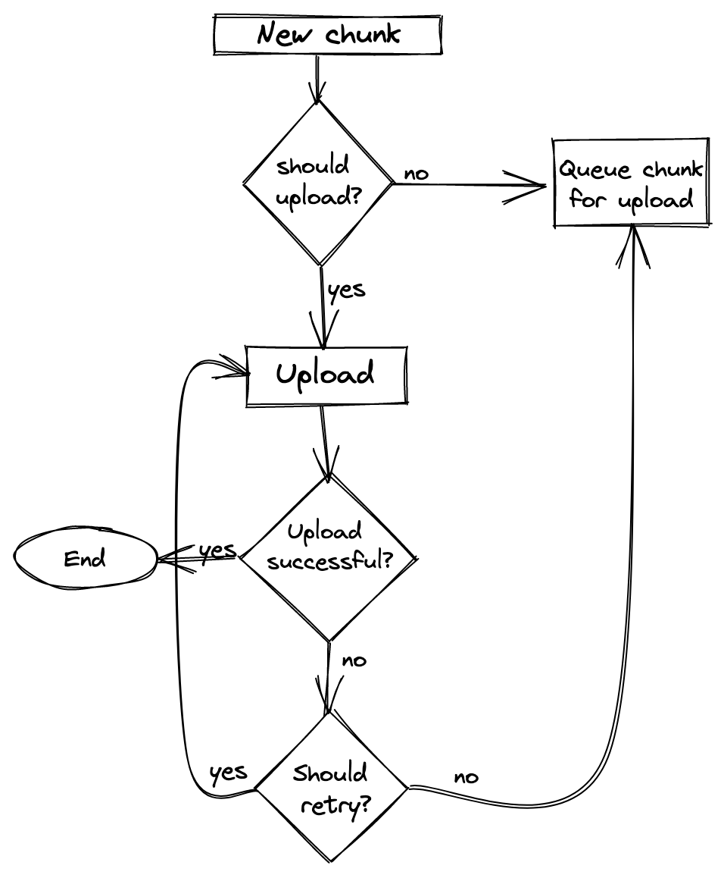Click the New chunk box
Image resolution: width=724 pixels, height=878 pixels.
(x=326, y=35)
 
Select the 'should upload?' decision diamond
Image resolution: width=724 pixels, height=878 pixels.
(x=319, y=183)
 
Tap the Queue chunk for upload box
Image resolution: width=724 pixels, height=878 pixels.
(x=630, y=183)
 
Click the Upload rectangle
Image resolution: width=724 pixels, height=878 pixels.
(x=326, y=375)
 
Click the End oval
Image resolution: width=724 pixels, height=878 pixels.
(x=85, y=559)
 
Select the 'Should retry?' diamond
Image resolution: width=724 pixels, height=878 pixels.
(x=331, y=789)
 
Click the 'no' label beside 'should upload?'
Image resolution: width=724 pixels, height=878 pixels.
(x=416, y=174)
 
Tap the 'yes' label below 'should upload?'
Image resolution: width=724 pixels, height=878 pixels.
(x=347, y=290)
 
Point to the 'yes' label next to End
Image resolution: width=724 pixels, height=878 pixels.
(x=217, y=549)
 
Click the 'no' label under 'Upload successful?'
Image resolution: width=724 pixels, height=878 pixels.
(x=354, y=660)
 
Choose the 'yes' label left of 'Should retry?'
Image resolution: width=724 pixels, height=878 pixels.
(x=228, y=773)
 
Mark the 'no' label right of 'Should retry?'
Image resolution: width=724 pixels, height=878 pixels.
(x=466, y=777)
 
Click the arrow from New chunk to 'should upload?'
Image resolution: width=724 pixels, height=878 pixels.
(x=317, y=76)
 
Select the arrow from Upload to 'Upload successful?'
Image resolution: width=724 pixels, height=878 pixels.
(x=325, y=440)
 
